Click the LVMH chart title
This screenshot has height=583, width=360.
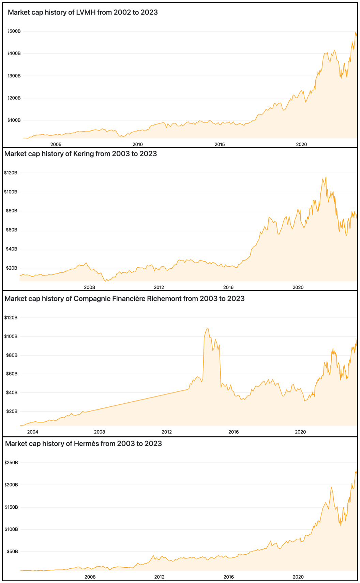tap(82, 13)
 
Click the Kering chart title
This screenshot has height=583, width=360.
tap(80, 154)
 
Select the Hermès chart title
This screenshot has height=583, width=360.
tap(83, 444)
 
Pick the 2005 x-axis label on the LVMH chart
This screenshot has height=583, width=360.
tap(56, 144)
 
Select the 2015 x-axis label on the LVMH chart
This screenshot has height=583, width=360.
tap(220, 144)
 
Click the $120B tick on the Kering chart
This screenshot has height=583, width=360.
tap(11, 173)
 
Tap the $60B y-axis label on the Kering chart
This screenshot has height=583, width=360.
tap(12, 230)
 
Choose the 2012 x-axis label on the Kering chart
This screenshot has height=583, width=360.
tap(159, 287)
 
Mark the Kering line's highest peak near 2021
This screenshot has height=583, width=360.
tap(326, 177)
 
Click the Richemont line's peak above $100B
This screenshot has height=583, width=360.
tap(207, 329)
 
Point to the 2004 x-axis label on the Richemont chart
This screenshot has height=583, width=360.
tap(33, 432)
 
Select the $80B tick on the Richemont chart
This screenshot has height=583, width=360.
tap(12, 355)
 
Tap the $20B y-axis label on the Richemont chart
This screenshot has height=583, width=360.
tap(12, 412)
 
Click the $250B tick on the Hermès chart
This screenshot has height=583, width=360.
tap(12, 463)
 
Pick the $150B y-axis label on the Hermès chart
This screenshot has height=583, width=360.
tap(12, 507)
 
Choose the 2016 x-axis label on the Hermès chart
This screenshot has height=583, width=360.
tap(228, 577)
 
